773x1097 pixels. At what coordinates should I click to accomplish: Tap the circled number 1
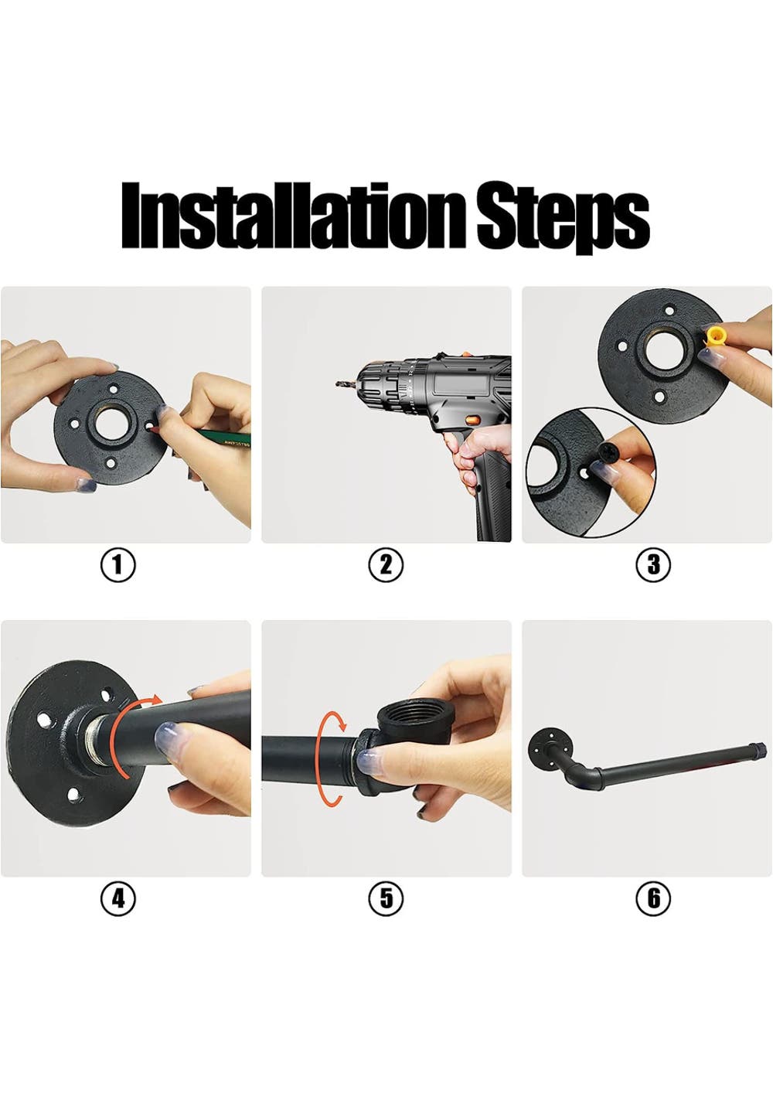[x=117, y=564]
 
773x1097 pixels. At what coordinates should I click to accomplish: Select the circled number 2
[x=386, y=564]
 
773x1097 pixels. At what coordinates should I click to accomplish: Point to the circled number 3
[x=653, y=564]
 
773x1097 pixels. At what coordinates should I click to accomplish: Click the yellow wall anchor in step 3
[x=714, y=337]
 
